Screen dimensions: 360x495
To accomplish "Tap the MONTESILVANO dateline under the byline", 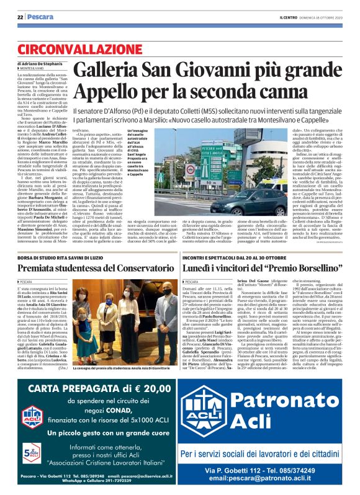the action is click(34, 70).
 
